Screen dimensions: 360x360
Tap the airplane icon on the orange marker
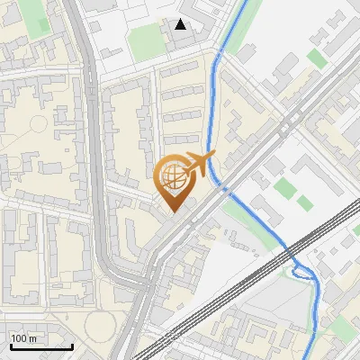pos(198,164)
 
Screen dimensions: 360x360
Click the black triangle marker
pos(181,24)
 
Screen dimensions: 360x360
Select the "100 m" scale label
pos(24,337)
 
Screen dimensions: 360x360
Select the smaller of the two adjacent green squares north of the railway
pos(304,203)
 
